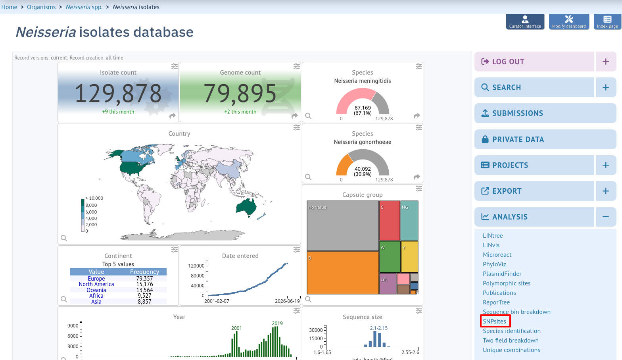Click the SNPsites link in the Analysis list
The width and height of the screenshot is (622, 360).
click(494, 321)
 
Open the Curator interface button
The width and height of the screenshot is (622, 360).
click(525, 21)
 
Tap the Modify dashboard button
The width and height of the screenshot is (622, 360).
click(569, 21)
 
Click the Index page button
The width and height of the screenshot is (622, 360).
click(607, 21)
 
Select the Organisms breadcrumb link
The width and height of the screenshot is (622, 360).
click(41, 7)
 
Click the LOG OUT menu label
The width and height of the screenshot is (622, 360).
click(508, 62)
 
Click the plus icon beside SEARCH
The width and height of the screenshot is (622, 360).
click(606, 87)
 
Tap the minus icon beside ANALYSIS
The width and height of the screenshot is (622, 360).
click(606, 217)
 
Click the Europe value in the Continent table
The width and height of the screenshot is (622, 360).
click(96, 278)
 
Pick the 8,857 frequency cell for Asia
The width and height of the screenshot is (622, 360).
click(144, 301)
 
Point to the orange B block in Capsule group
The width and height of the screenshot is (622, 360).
click(343, 273)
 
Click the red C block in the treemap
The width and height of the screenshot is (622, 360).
click(390, 221)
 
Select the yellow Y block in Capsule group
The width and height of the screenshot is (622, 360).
click(409, 257)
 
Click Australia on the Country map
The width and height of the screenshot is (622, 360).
click(246, 206)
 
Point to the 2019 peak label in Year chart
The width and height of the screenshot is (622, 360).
click(277, 323)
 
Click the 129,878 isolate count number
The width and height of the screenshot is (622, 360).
click(118, 93)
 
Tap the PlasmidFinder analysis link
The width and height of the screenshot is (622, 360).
click(502, 273)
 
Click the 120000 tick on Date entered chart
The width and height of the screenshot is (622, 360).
click(196, 266)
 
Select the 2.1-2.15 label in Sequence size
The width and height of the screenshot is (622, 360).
click(378, 328)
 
